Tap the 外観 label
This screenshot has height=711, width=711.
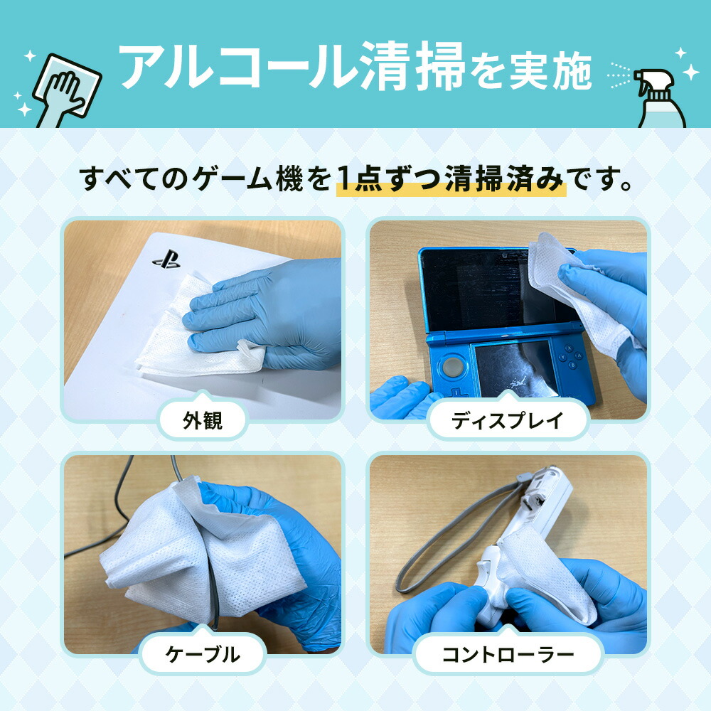202,421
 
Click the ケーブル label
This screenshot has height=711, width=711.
202,655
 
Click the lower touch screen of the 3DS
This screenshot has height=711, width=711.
512,367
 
